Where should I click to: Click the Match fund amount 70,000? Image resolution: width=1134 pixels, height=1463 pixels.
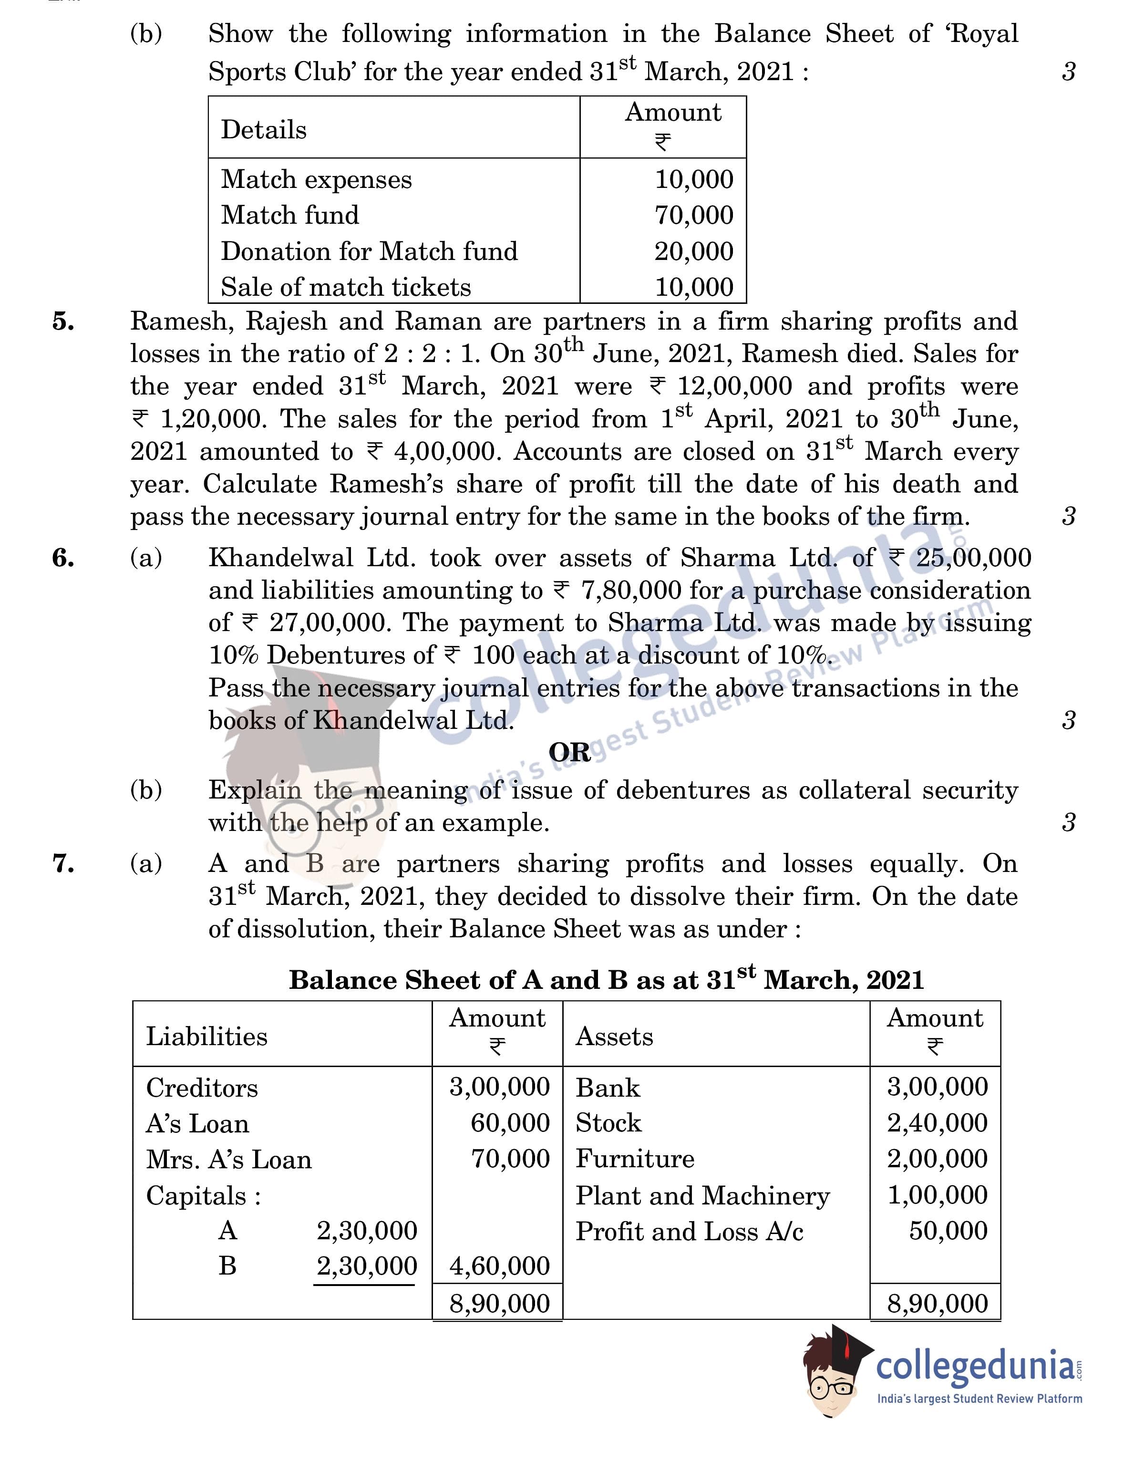[693, 215]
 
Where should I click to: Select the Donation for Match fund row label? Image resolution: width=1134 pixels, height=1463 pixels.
[369, 251]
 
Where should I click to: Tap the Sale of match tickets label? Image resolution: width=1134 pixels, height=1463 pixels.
[346, 287]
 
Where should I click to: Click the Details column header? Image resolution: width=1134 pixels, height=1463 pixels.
[263, 130]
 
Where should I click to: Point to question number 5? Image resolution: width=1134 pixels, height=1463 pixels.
[63, 322]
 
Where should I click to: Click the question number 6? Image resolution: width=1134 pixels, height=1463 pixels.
[63, 558]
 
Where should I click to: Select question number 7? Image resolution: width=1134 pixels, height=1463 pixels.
[63, 864]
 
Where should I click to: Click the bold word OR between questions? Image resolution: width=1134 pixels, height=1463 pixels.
[569, 753]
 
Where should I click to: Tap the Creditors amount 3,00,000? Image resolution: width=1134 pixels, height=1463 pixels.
[499, 1087]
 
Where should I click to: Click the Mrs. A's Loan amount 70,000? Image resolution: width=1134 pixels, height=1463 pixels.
[510, 1159]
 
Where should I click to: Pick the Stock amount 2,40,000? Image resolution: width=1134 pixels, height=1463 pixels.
[937, 1123]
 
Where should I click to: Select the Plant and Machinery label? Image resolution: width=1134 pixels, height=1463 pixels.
[702, 1196]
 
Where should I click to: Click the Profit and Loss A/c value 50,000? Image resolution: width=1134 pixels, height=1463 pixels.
[948, 1231]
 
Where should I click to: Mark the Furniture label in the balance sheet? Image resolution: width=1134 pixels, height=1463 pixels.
[634, 1159]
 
